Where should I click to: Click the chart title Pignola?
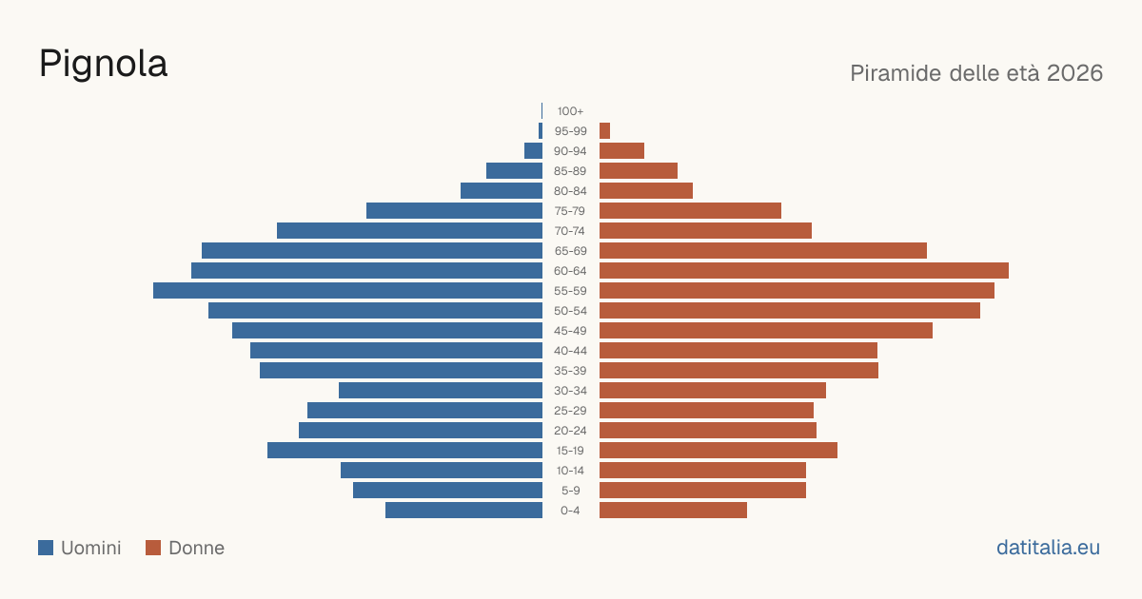coord(103,65)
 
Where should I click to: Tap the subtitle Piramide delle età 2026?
coord(976,73)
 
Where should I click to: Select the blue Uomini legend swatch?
coord(46,548)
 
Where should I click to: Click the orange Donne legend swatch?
coord(153,548)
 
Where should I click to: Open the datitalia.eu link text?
coord(1048,548)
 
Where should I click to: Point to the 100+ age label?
coord(570,111)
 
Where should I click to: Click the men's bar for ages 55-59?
coord(347,290)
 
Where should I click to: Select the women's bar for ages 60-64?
coord(804,270)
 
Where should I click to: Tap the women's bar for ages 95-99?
coord(604,131)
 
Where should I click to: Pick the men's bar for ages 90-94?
coord(533,151)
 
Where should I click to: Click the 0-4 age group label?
coord(570,511)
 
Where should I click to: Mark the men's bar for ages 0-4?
coord(464,511)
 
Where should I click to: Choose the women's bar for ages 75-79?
coord(690,211)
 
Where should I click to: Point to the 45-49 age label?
coord(570,331)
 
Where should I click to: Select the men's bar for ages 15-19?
coord(404,451)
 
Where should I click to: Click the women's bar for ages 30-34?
coord(713,391)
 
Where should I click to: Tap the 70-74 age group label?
coord(570,231)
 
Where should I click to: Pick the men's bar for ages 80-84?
coord(502,191)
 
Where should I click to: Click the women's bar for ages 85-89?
coord(639,170)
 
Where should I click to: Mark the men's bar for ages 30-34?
coord(441,391)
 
